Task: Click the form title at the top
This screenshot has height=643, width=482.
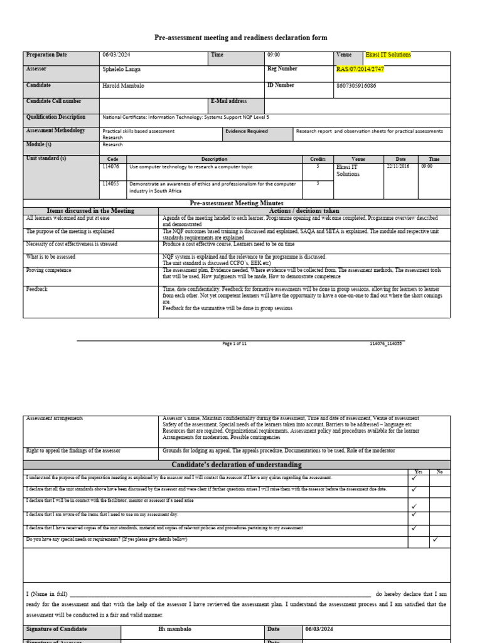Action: click(240, 38)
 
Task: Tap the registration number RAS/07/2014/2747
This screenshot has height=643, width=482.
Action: click(360, 70)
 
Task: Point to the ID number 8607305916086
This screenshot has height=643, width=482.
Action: click(356, 85)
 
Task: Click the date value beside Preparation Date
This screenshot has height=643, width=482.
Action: click(116, 55)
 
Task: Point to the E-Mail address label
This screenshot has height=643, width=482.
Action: click(229, 101)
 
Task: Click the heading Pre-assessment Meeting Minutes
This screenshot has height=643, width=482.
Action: click(237, 203)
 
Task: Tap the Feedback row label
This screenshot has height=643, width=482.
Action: click(37, 289)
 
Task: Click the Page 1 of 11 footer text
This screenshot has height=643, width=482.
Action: click(235, 343)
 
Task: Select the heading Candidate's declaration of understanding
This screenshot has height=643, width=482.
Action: click(237, 465)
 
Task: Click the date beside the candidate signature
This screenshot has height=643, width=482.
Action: click(321, 629)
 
